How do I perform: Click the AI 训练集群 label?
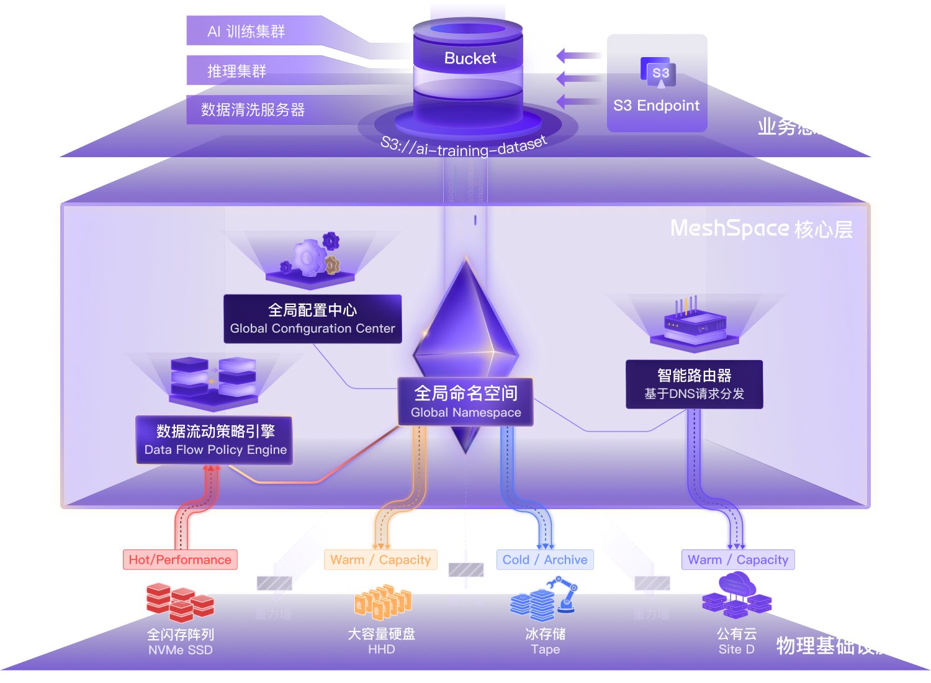coord(246,31)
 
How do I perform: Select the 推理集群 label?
coord(236,71)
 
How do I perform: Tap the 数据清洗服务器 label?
coord(253,110)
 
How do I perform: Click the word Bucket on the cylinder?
coord(470,58)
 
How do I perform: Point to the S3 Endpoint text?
coord(656,106)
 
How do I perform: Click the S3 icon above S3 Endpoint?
coord(660,75)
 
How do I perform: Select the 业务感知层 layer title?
coord(806,127)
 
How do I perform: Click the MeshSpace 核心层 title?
coord(762,229)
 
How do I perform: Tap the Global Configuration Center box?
coord(312,319)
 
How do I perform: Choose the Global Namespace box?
coord(465,402)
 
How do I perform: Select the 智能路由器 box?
coord(694,384)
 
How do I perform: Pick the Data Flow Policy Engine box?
coord(215,440)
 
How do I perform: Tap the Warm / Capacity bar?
coord(737,559)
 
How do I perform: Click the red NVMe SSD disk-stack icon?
coord(180,602)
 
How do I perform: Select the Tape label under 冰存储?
coord(545,649)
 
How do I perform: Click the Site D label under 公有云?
coord(736,649)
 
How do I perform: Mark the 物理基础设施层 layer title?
coord(844,646)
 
